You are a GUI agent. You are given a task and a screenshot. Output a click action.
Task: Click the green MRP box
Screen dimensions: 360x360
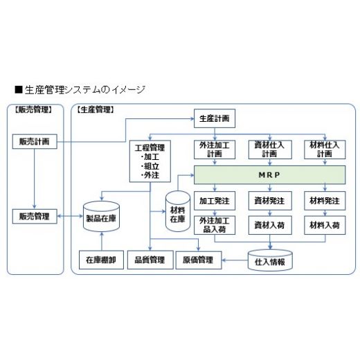coord(269,175)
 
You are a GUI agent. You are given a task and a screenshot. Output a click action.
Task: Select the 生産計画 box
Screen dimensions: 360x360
coord(215,118)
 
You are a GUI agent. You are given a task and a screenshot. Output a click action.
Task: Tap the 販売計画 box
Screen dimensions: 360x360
coord(35,141)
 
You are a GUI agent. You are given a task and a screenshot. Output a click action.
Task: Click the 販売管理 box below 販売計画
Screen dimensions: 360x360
coord(35,216)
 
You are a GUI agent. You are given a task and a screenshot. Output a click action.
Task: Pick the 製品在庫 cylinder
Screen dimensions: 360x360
coord(101,217)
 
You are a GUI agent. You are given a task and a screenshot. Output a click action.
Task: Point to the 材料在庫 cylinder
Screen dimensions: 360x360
coord(178,211)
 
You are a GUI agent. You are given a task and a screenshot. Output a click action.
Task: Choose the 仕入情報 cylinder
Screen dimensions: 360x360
coord(270,260)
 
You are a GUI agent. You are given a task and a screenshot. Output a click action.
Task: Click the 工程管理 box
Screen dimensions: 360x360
coord(150,161)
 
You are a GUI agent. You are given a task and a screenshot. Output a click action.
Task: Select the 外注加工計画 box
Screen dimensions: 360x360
coord(215,150)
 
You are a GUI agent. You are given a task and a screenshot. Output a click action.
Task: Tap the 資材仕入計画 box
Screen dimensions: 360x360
coord(270,150)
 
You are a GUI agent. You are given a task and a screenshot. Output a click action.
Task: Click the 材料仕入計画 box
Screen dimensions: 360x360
coord(325,150)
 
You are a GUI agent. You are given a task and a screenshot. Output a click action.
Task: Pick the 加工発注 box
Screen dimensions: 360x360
coord(215,201)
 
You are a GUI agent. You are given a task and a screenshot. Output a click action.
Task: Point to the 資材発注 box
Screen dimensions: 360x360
coord(270,201)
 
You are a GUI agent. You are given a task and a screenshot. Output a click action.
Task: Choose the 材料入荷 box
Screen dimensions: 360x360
coord(325,225)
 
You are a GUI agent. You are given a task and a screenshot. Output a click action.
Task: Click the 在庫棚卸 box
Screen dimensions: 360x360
coord(101,260)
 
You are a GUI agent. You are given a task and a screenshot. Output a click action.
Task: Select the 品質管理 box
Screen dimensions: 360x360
coord(150,260)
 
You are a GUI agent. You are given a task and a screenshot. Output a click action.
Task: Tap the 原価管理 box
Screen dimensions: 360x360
coord(199,260)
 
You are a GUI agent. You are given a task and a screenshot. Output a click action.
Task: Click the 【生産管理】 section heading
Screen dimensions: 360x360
coord(96,109)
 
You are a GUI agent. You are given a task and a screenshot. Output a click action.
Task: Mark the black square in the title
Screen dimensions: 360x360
coord(19,89)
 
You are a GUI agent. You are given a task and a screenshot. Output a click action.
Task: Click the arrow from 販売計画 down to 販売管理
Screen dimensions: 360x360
coord(35,179)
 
